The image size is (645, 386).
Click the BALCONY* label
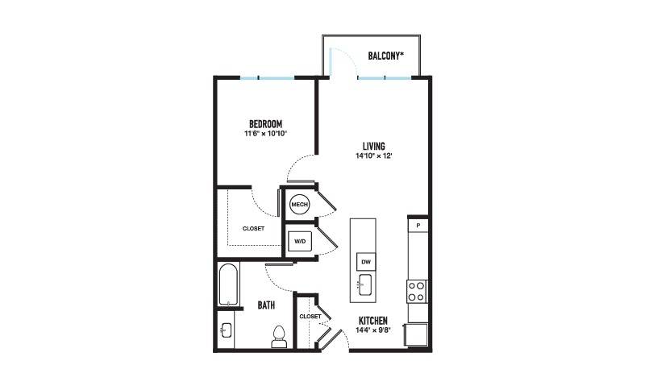385,56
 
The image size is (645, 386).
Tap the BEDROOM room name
266,124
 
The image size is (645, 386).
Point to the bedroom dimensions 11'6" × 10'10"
265,133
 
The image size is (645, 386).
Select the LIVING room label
374,146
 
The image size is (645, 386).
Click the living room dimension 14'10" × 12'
373,156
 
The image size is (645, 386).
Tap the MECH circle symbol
299,205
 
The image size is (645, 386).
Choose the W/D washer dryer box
300,241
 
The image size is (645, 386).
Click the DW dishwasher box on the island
366,262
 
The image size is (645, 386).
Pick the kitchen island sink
364,284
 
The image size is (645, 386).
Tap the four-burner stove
417,291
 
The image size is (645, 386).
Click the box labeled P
418,226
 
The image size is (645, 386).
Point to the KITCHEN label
373,321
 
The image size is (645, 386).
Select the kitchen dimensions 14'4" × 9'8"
373,330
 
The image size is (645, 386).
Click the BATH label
266,305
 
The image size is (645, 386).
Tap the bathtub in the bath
228,284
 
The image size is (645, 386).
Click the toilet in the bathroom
279,337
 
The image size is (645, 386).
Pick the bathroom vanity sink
227,330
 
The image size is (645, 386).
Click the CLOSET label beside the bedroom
253,229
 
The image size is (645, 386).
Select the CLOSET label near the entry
310,317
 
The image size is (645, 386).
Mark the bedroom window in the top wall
268,77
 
